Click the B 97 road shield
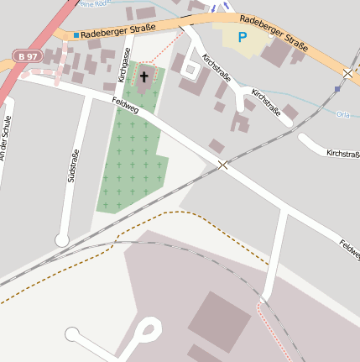(28, 55)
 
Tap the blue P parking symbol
(243, 37)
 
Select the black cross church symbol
(143, 76)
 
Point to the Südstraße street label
(73, 165)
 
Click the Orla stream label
(342, 113)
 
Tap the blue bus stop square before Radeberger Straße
(76, 35)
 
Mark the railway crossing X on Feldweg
(222, 165)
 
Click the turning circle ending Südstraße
(62, 240)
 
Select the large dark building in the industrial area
(219, 322)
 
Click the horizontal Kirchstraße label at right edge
(342, 154)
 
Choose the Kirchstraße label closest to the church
(215, 70)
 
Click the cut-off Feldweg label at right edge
(349, 249)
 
